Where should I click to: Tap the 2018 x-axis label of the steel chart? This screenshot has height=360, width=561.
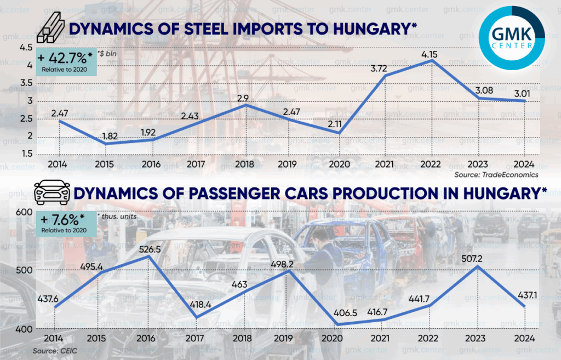point(244,164)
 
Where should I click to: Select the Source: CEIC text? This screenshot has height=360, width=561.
point(53,350)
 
